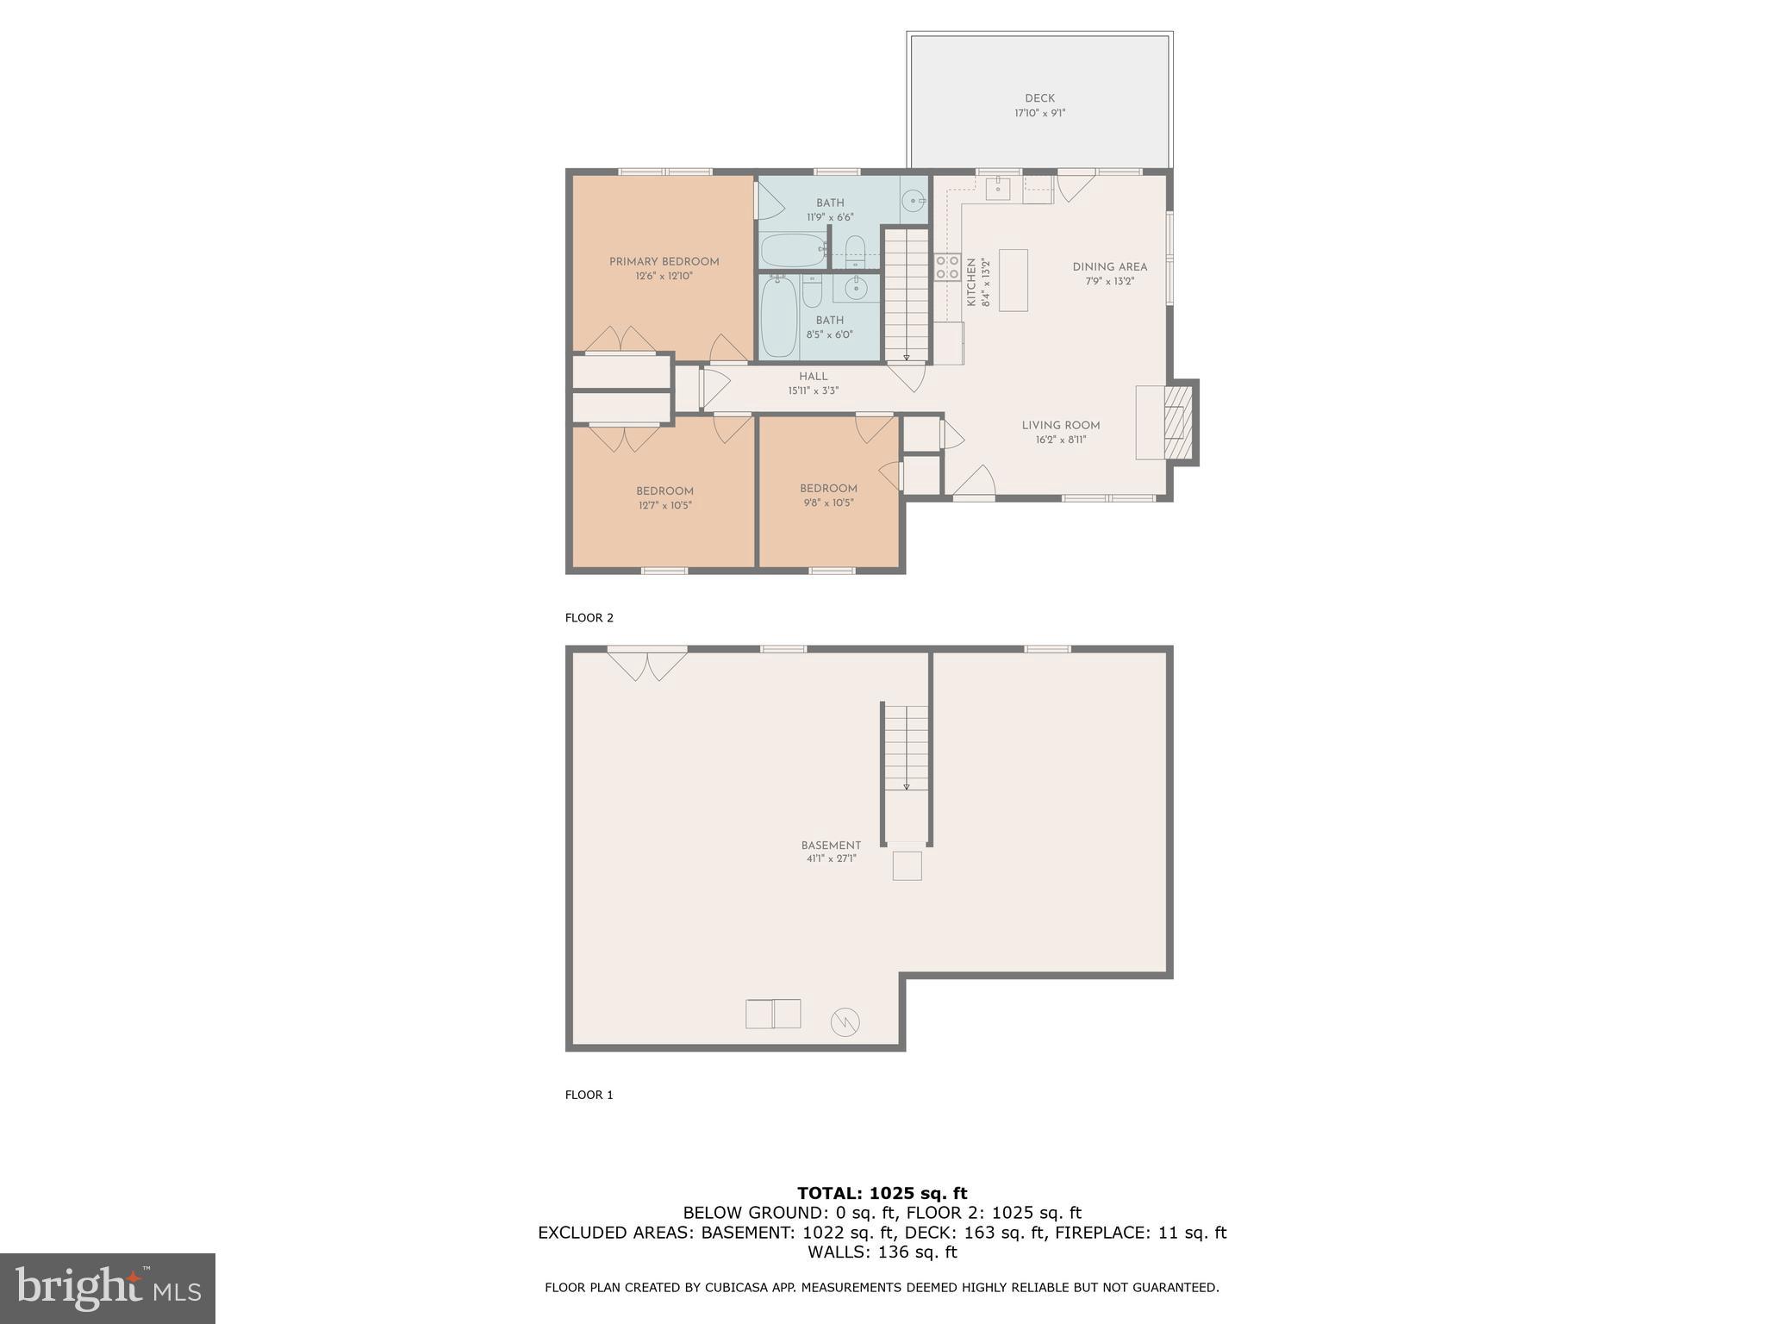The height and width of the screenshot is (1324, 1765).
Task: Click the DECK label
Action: [x=1039, y=98]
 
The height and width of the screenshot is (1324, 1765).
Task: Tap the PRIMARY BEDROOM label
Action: [x=664, y=262]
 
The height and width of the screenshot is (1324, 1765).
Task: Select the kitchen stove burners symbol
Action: [x=947, y=267]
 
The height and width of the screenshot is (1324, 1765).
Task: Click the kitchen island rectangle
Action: [x=1013, y=279]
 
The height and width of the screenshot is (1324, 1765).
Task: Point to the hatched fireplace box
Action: [x=1176, y=422]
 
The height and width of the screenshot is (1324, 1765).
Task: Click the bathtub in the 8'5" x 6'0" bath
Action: [x=778, y=316]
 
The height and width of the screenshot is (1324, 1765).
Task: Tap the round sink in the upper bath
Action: [x=912, y=202]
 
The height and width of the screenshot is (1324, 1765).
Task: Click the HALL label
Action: [x=813, y=377]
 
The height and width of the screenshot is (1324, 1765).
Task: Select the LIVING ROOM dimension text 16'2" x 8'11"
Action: [x=1060, y=440]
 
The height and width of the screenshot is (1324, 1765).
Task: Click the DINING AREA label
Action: [x=1109, y=267]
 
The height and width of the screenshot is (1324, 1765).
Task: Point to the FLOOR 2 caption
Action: [x=589, y=618]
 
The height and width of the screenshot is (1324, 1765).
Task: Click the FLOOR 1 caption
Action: [x=589, y=1095]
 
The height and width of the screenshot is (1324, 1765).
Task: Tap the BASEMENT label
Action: [x=831, y=846]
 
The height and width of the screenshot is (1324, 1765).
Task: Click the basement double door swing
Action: [x=646, y=665]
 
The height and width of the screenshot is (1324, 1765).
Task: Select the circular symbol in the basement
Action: [x=845, y=1022]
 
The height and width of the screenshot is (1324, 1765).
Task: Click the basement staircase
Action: [x=906, y=750]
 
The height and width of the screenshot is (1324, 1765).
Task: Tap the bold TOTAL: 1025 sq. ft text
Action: [x=882, y=1193]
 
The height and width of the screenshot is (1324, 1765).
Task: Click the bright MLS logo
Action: [x=108, y=1289]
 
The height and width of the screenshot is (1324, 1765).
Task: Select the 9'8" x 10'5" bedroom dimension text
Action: [x=827, y=503]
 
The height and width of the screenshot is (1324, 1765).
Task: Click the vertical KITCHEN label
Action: [x=971, y=282]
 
